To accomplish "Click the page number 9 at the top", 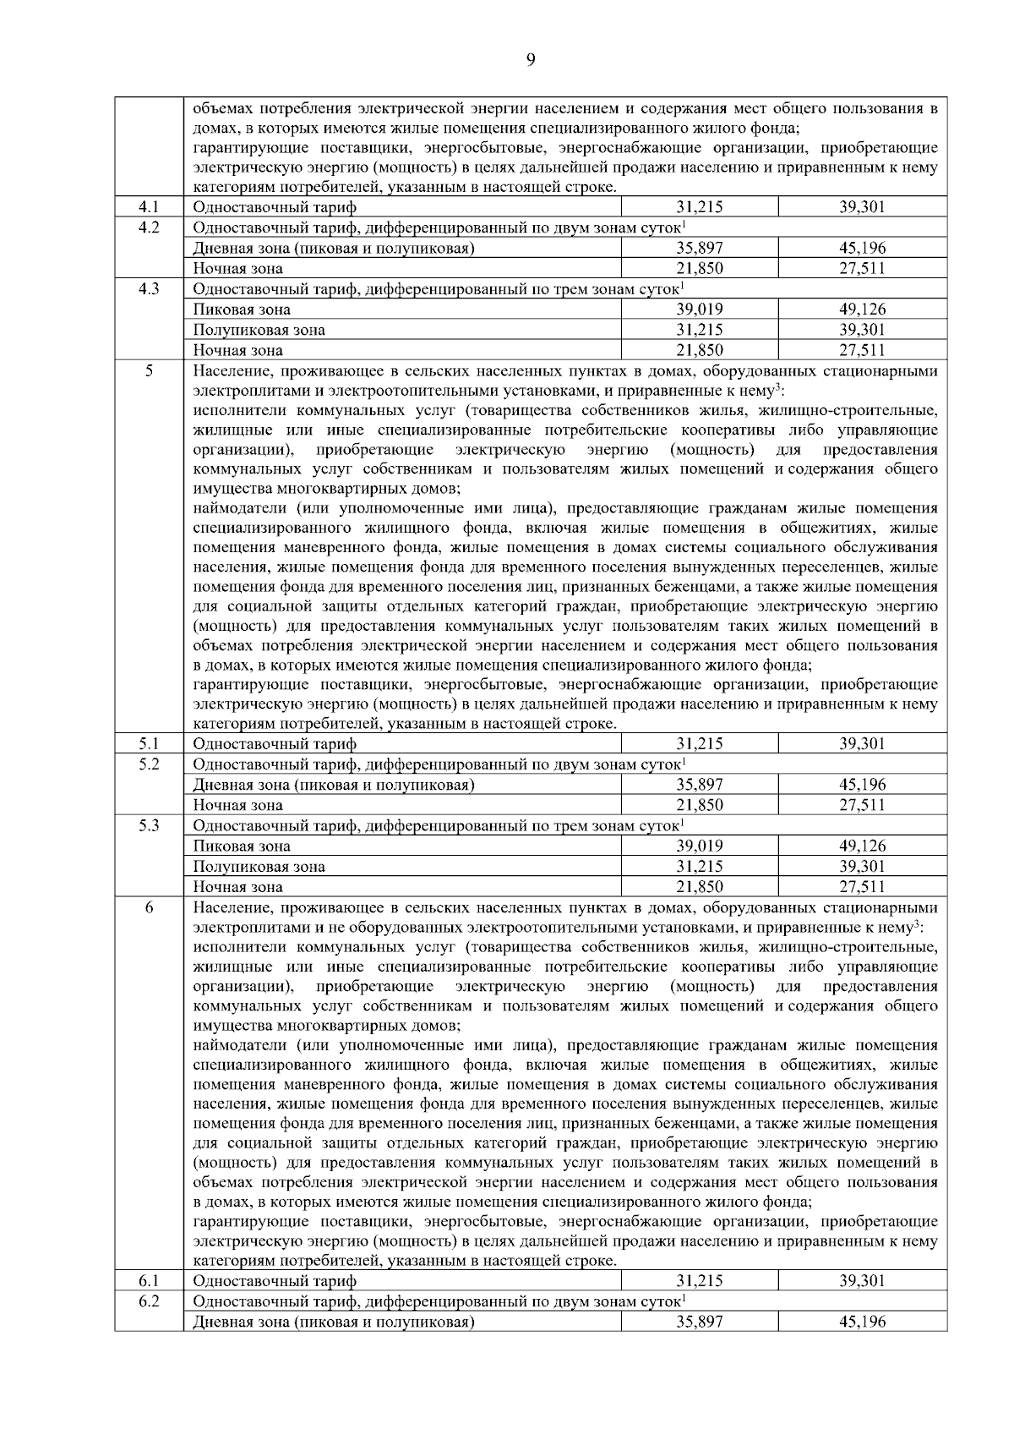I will [530, 58].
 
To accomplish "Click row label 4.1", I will [149, 207].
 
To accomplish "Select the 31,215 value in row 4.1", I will [699, 207].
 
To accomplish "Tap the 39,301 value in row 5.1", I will [862, 744].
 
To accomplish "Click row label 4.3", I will [149, 289].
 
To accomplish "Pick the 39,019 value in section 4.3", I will [699, 309].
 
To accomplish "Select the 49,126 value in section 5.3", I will [862, 846].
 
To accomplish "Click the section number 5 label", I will [149, 370].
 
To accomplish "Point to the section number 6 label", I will [149, 907].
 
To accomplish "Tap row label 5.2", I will [149, 764].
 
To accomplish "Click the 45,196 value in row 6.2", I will [862, 1322].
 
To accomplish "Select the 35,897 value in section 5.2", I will [699, 785].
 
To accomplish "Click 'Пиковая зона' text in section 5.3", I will [242, 846].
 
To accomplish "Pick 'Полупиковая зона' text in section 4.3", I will [259, 330].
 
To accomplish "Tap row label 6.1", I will [149, 1281].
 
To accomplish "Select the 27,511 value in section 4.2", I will [862, 269].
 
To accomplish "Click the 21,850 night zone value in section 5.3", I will [699, 887].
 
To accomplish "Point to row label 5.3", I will [149, 826].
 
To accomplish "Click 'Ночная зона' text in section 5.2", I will [237, 805].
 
